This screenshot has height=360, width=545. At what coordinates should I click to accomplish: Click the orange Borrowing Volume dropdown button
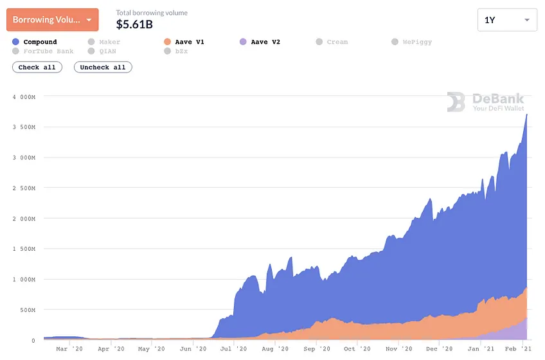53,20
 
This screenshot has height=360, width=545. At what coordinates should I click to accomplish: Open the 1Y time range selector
507,20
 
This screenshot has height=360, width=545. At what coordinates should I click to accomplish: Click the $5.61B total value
134,24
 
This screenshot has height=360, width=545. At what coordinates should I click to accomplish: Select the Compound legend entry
35,42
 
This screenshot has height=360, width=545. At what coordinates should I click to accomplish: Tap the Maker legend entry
104,42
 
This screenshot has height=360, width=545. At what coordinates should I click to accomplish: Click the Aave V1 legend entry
184,42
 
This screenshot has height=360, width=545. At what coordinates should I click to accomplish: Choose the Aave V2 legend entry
260,42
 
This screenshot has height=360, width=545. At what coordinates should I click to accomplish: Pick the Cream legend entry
332,42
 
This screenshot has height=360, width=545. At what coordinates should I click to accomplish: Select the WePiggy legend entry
412,42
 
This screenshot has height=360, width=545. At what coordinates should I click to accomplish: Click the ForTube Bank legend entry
43,51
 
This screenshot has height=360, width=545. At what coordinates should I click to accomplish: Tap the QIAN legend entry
102,51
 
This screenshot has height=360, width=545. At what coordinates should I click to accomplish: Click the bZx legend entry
176,51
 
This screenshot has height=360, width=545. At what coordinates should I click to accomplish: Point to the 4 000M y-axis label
24,97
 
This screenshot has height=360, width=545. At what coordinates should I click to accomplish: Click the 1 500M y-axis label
24,249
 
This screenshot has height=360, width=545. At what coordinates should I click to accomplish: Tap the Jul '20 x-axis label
233,348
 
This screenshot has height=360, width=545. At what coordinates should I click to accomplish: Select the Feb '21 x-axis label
518,348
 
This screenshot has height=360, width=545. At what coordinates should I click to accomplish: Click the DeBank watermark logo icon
456,102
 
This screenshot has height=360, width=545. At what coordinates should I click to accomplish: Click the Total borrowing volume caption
152,13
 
